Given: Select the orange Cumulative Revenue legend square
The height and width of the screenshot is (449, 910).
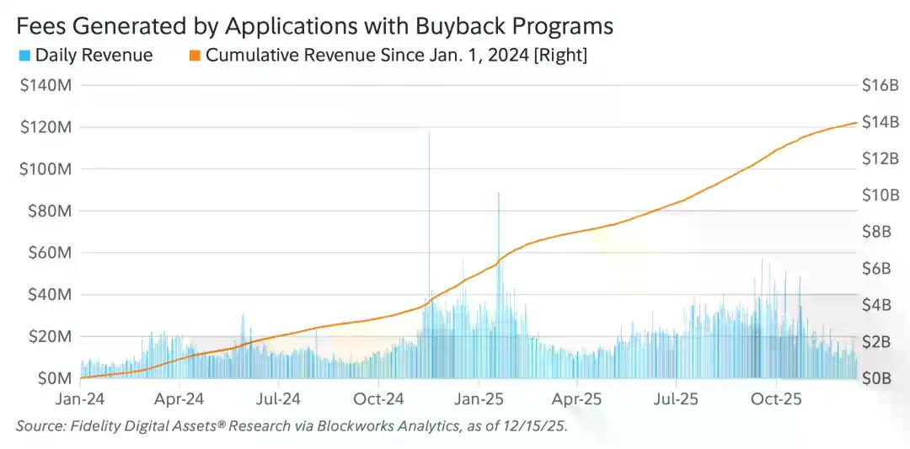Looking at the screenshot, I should [194, 56].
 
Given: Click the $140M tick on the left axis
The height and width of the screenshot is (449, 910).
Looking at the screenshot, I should [45, 86].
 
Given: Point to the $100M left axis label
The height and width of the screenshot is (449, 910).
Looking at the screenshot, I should [45, 169].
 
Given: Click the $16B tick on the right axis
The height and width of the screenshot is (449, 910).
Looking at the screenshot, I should [880, 86].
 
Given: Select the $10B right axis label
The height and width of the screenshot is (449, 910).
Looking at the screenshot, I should [880, 195].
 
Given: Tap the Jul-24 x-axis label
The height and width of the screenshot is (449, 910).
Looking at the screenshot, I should [279, 398].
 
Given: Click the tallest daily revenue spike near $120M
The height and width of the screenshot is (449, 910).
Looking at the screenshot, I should [430, 133].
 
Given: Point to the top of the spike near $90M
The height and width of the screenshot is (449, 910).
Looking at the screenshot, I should [498, 195].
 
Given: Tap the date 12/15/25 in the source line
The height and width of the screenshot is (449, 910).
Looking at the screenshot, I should [538, 426].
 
